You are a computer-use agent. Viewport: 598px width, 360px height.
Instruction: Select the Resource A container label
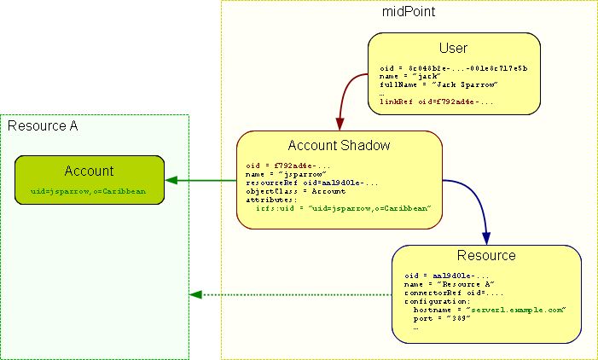(43, 126)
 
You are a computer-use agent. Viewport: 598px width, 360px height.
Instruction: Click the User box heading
(453, 48)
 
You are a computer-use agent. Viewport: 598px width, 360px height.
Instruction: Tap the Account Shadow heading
(339, 146)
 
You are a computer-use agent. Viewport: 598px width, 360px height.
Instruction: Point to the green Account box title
(89, 171)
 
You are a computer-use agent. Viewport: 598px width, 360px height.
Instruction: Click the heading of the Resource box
(486, 255)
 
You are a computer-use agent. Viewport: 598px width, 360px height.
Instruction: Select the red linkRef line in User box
(437, 102)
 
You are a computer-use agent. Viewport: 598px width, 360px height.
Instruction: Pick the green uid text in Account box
(82, 192)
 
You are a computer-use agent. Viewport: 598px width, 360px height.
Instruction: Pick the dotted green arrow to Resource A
(290, 295)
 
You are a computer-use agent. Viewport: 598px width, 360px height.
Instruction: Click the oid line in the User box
(453, 67)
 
